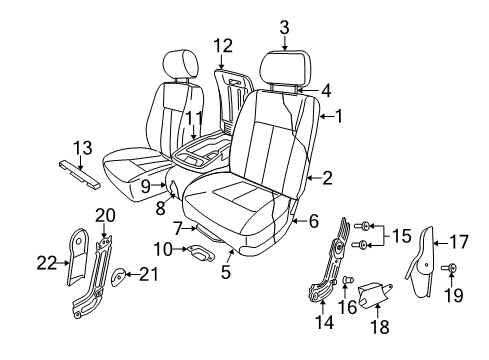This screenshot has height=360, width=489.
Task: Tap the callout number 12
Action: [x=222, y=44]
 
